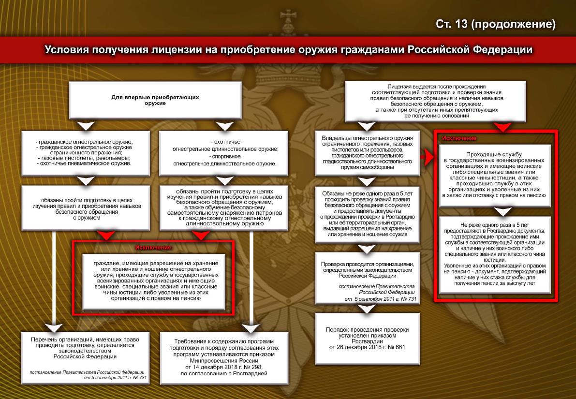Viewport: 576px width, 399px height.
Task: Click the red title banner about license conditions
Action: [x=288, y=50]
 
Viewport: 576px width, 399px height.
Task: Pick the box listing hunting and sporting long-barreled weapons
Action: [x=224, y=152]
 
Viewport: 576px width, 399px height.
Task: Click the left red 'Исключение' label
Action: [x=153, y=248]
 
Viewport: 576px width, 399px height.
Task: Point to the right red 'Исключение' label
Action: [x=459, y=138]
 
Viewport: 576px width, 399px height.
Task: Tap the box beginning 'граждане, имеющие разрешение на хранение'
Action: [x=153, y=281]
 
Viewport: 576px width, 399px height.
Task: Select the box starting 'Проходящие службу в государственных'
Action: [x=495, y=175]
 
